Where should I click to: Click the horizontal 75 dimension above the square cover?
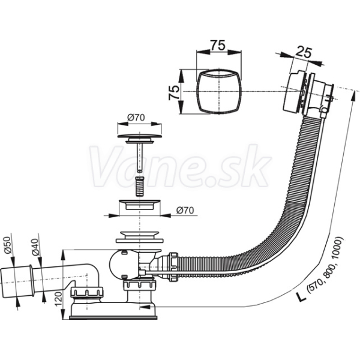click(x=218, y=46)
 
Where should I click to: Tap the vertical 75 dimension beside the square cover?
click(x=174, y=92)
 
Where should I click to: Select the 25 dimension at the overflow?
click(x=303, y=53)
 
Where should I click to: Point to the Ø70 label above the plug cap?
click(x=136, y=118)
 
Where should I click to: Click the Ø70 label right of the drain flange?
click(x=185, y=211)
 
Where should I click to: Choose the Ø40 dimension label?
click(x=35, y=247)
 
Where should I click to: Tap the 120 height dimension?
click(x=59, y=299)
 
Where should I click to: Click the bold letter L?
click(x=301, y=296)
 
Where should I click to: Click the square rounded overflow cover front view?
click(x=219, y=92)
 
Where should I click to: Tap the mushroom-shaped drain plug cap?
click(x=139, y=138)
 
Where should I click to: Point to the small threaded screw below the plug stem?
click(x=139, y=186)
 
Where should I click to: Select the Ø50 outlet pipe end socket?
click(x=16, y=283)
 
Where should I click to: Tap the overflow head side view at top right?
click(x=308, y=94)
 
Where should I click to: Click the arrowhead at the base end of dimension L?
click(x=144, y=307)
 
